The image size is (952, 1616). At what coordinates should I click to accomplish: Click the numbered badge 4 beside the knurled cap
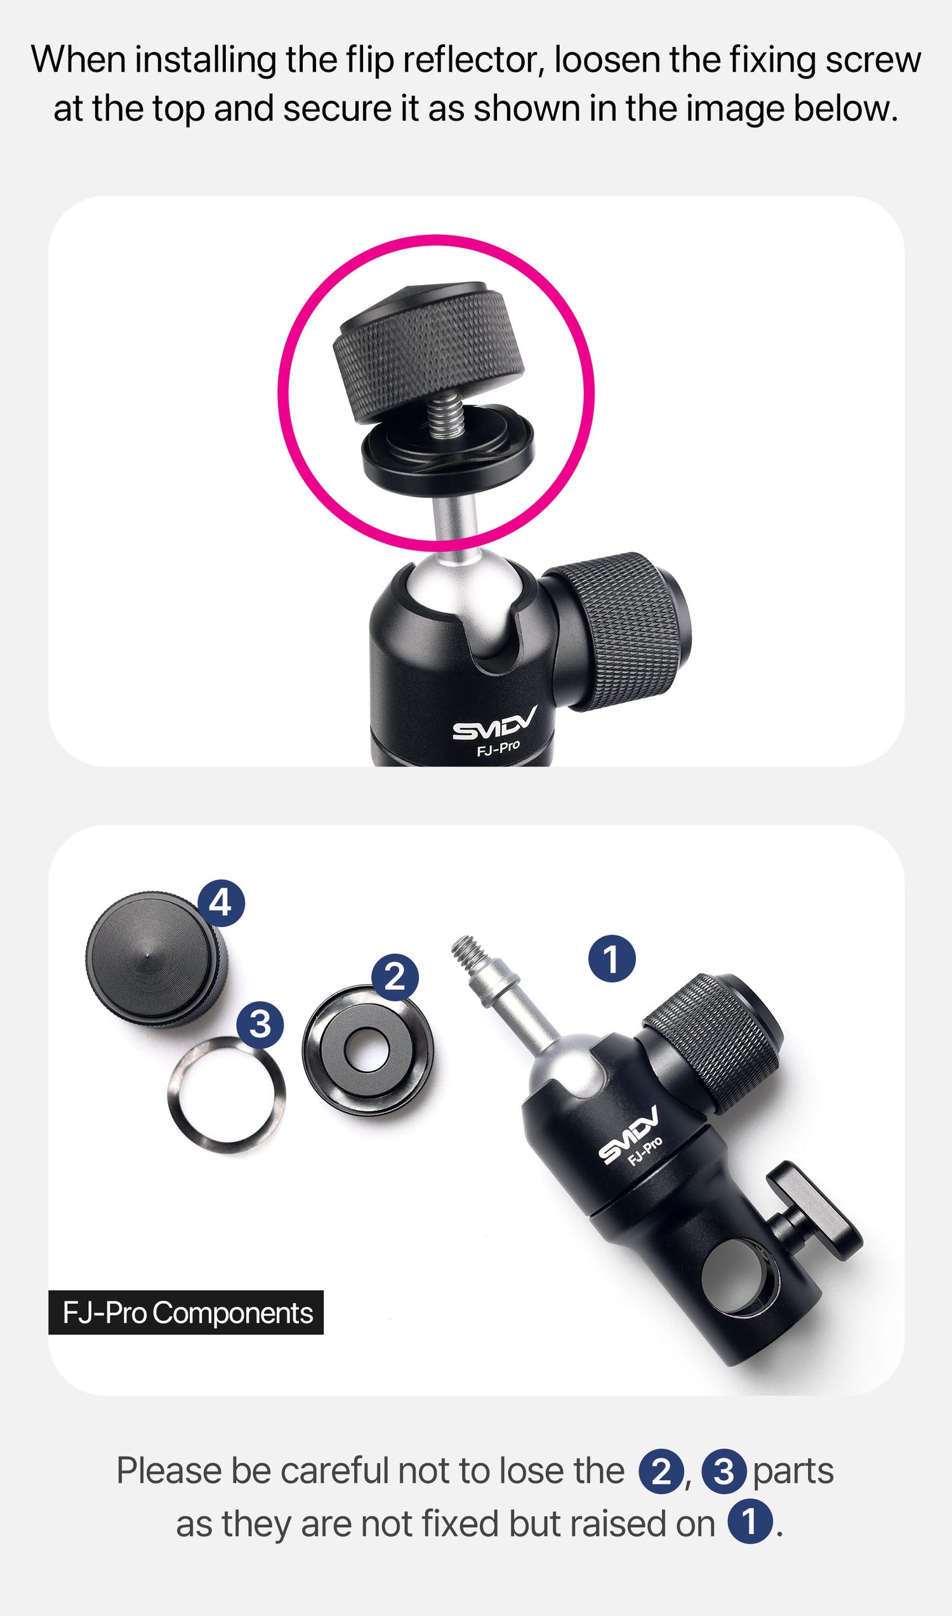(x=221, y=903)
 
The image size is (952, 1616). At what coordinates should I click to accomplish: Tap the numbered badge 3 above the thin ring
(x=260, y=1023)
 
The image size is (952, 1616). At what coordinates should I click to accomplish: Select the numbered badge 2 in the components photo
(x=395, y=977)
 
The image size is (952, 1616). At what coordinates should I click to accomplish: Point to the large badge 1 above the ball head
(x=612, y=959)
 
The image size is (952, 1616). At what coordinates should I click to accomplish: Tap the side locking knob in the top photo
(x=619, y=631)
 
